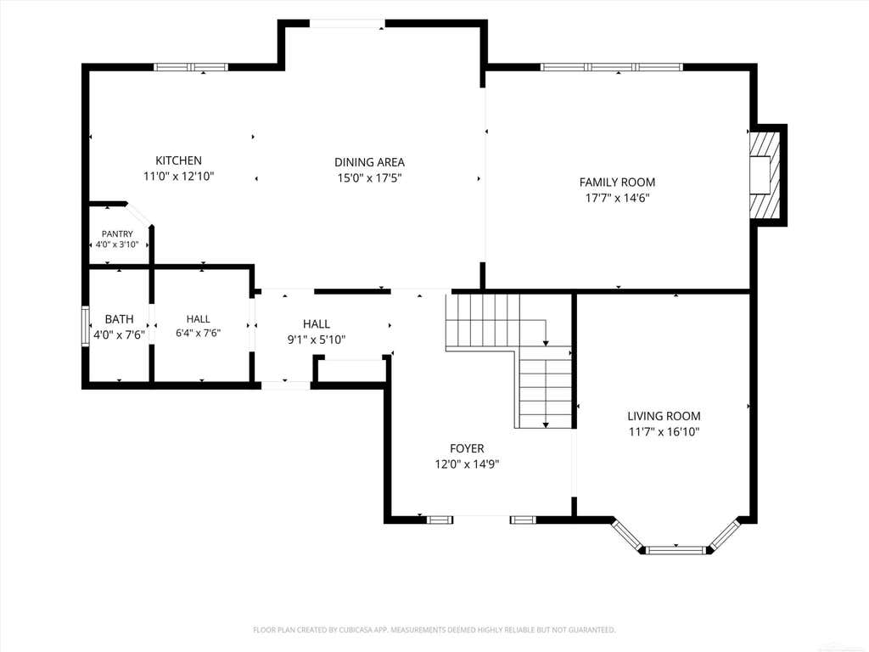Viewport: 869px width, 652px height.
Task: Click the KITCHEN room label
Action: (178, 160)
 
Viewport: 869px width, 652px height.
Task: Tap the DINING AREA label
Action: (369, 162)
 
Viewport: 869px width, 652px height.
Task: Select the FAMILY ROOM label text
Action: (618, 183)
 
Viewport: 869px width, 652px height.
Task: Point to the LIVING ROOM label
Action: (664, 416)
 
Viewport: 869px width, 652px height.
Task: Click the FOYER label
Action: (467, 448)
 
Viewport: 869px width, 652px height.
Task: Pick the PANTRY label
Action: (117, 234)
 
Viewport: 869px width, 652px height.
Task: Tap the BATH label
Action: (119, 319)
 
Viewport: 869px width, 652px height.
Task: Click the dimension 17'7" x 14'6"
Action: (618, 198)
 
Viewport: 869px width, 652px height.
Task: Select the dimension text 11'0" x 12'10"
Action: (178, 177)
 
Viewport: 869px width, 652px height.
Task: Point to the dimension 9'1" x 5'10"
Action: (317, 340)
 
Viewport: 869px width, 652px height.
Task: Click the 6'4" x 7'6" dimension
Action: (198, 333)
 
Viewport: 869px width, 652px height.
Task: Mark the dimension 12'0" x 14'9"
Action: (467, 464)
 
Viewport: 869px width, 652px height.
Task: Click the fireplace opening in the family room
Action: (760, 175)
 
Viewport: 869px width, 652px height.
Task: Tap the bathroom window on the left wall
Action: (86, 326)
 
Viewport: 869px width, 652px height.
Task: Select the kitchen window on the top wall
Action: (191, 67)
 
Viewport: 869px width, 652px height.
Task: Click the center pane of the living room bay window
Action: (676, 550)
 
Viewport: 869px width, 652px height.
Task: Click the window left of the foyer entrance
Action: (439, 520)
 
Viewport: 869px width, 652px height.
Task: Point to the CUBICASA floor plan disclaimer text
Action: (434, 630)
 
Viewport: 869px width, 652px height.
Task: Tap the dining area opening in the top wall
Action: (347, 23)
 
